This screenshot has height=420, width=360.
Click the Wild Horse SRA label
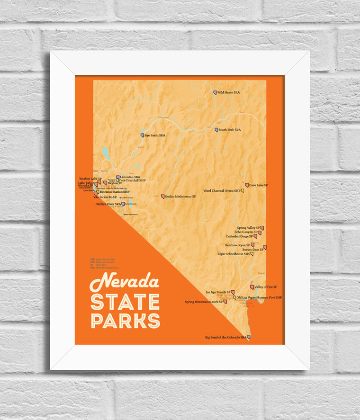[x=229, y=93]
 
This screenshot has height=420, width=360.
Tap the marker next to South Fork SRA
[x=216, y=130]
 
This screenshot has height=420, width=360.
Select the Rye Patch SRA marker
[x=142, y=135]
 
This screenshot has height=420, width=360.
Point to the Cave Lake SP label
[x=259, y=185]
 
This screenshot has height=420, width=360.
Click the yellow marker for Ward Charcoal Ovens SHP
[x=243, y=191]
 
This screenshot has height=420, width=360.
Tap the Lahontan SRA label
[x=130, y=177]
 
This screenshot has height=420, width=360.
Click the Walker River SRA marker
[x=123, y=204]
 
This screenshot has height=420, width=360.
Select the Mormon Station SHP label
[x=115, y=191]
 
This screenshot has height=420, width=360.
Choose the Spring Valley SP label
[x=248, y=228]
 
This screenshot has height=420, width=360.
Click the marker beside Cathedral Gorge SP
[x=255, y=236]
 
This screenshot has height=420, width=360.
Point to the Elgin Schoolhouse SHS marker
[x=252, y=254]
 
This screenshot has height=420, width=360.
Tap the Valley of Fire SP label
[x=266, y=287]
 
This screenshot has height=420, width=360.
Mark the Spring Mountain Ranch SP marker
[x=225, y=302]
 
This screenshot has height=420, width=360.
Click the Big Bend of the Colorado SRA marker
[x=249, y=337]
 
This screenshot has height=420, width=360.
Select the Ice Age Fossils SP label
[x=217, y=292]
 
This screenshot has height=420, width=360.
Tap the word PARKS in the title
[x=125, y=320]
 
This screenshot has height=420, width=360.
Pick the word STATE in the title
[x=125, y=302]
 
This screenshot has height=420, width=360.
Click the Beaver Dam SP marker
[x=264, y=247]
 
